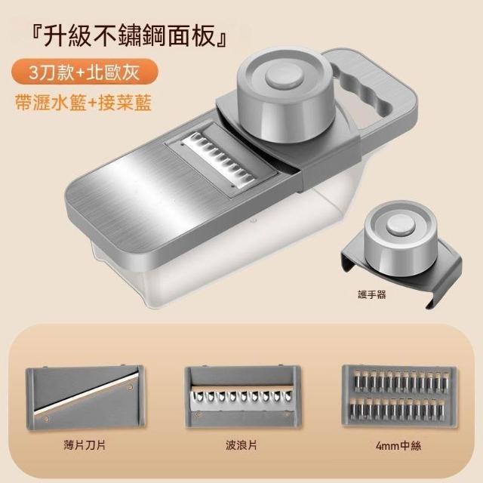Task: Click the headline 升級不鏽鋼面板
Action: pyautogui.click(x=129, y=36)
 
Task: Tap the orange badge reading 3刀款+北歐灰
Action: pyautogui.click(x=85, y=72)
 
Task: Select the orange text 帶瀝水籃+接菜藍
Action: pyautogui.click(x=84, y=103)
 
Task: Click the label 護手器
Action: pyautogui.click(x=372, y=295)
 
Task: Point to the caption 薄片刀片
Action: pyautogui.click(x=85, y=445)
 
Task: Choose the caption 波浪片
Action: pyautogui.click(x=241, y=445)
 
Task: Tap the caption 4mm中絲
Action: pyautogui.click(x=398, y=446)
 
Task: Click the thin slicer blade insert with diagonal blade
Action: pyautogui.click(x=85, y=397)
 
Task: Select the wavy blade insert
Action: pyautogui.click(x=242, y=397)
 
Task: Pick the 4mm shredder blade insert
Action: pyautogui.click(x=399, y=395)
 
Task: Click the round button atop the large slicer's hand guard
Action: pyautogui.click(x=284, y=78)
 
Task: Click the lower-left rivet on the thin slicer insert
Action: pyautogui.click(x=46, y=418)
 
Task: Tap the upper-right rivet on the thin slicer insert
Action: pyautogui.click(x=131, y=387)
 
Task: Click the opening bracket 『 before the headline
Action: pyautogui.click(x=37, y=34)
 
